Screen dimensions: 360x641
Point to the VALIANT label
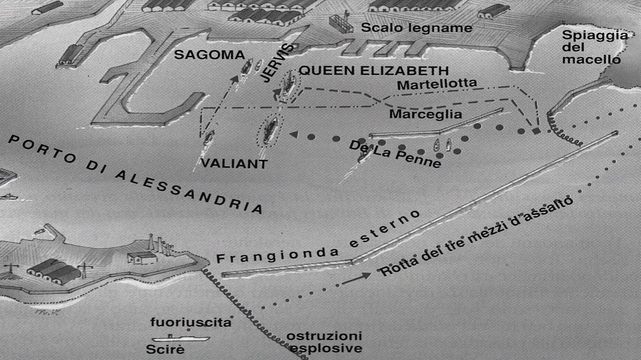point(234,163)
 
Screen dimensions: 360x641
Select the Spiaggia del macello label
point(594,47)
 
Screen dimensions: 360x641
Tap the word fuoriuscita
point(192,323)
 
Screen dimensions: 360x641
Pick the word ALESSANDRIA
point(186,190)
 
